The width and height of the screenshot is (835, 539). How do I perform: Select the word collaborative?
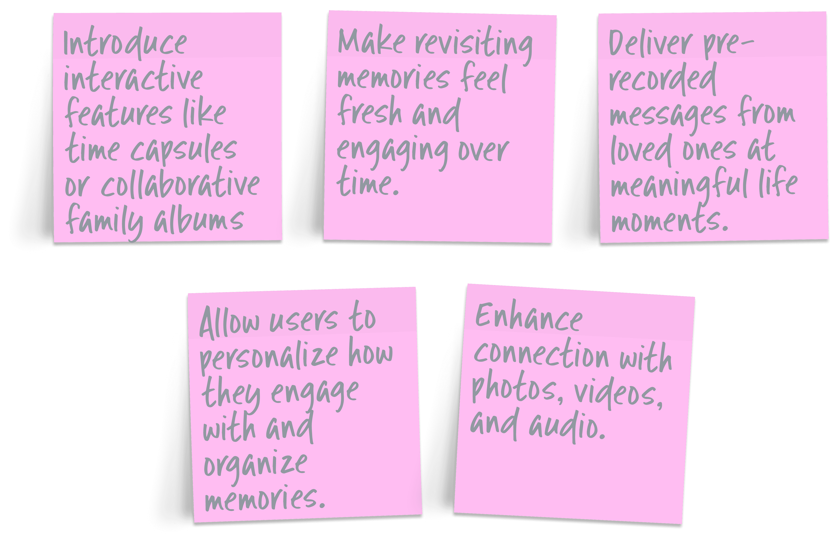pos(180,186)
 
